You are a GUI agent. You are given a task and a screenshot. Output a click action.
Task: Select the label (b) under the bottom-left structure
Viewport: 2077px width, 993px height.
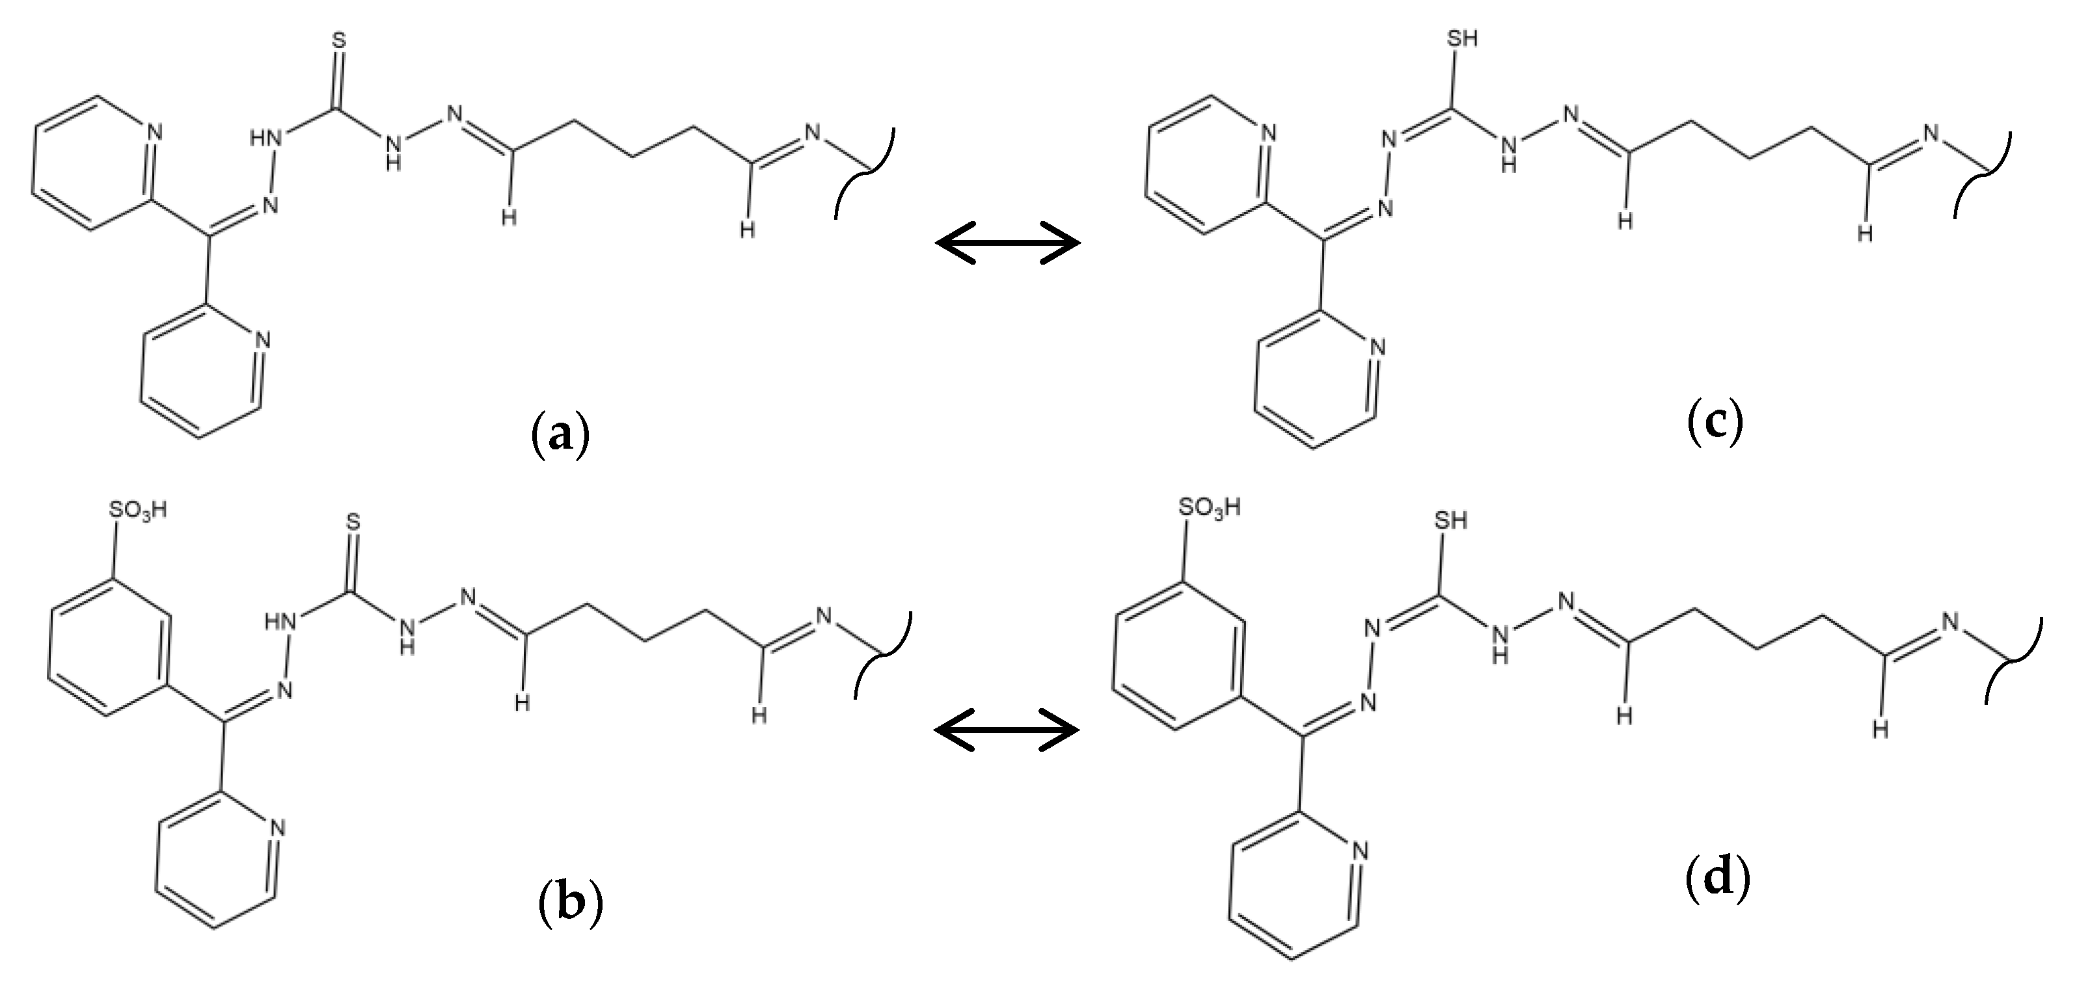pyautogui.click(x=570, y=903)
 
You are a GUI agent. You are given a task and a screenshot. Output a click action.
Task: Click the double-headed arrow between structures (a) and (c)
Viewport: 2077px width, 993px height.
pyautogui.click(x=1007, y=242)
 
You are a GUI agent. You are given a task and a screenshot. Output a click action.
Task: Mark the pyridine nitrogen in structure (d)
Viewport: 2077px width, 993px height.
pyautogui.click(x=1361, y=852)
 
